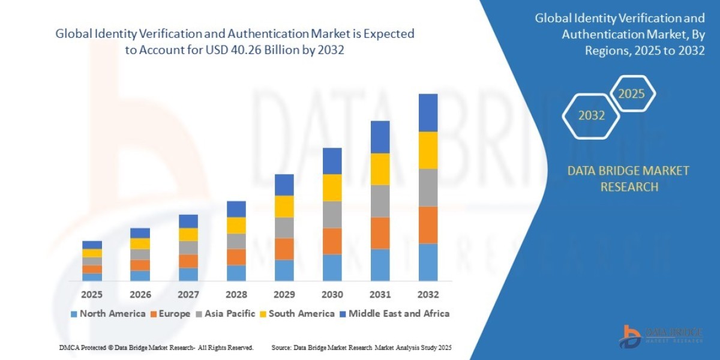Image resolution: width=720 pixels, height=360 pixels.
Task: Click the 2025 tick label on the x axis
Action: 92,295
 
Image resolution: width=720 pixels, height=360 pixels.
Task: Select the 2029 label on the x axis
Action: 284,295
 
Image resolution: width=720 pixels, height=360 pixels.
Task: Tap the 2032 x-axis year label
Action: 428,295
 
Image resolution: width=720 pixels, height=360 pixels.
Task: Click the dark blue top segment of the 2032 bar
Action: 428,113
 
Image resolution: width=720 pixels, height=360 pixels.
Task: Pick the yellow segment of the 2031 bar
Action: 380,169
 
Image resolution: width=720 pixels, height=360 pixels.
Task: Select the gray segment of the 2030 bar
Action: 332,214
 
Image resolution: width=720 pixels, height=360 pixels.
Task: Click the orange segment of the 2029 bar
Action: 284,249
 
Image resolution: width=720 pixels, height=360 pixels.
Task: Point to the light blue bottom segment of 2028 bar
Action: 236,273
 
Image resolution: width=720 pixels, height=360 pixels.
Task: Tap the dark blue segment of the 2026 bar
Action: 140,233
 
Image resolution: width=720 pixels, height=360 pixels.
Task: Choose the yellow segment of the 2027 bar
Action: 188,235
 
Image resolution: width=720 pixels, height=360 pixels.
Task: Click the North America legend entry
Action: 108,313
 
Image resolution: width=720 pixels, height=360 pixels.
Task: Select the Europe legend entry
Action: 170,313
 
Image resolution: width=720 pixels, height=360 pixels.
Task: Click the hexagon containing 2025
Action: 631,94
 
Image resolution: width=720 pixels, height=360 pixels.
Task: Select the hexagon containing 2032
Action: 592,116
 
